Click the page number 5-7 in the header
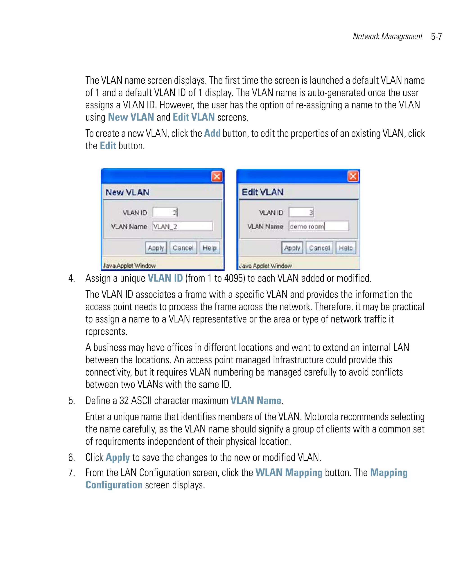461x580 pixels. point(436,37)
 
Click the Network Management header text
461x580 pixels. point(387,37)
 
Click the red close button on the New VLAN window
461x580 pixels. point(217,177)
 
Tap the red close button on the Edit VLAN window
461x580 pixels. point(353,177)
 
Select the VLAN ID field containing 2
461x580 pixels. point(165,213)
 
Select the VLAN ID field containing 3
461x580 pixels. point(301,212)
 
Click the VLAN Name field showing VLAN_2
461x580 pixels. point(183,226)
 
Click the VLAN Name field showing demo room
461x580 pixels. point(319,226)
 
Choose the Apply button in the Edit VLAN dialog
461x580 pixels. point(292,248)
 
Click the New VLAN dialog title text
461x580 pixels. point(127,192)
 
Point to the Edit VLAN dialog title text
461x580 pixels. point(262,192)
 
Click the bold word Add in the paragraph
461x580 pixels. point(212,133)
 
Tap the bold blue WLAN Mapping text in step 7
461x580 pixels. point(289,473)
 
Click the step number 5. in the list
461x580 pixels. point(71,401)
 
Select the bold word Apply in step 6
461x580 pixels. point(118,458)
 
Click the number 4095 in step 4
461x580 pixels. point(234,278)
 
